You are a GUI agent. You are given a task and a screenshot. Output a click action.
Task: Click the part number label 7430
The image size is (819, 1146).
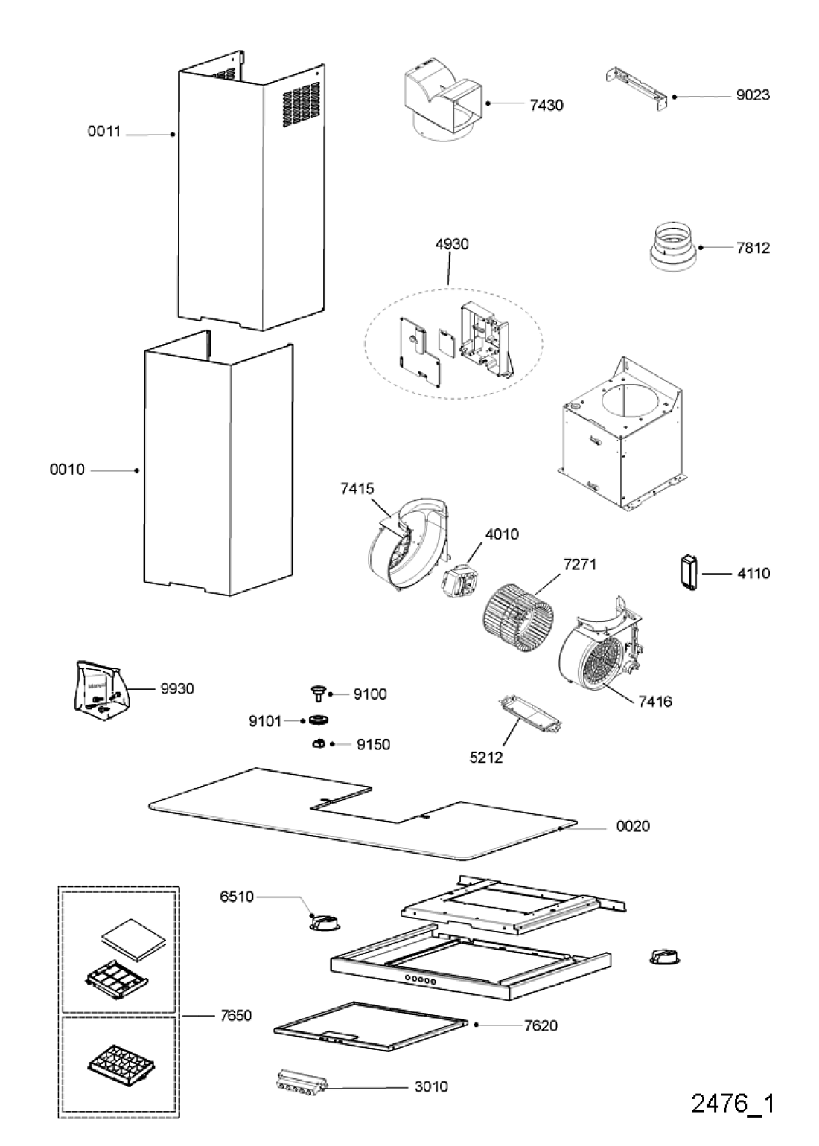pos(546,105)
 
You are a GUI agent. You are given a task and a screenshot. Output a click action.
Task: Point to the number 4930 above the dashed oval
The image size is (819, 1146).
pos(452,244)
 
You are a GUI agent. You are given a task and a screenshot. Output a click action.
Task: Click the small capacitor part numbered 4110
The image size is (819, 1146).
pos(688,573)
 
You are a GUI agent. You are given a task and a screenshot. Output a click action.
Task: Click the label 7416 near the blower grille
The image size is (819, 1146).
pos(654,701)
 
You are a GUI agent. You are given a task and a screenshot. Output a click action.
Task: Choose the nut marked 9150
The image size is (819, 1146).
pos(318,743)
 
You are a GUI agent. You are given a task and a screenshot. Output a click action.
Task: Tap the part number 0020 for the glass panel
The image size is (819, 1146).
pos(633,826)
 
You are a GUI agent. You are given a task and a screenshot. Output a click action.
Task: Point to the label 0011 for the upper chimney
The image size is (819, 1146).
pos(104,132)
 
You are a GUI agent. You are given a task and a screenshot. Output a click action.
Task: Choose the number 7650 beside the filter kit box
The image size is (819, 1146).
pos(235,1015)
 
